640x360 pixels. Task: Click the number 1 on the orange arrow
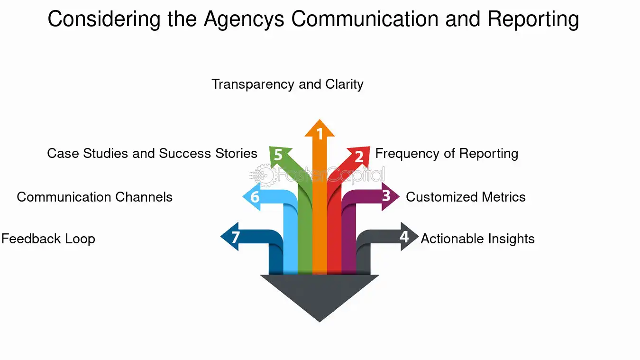[x=320, y=134]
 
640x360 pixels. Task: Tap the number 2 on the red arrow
[x=359, y=157]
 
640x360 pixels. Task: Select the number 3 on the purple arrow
[x=386, y=195]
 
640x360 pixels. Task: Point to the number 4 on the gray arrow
[x=404, y=237]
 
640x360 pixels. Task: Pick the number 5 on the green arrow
[x=278, y=155]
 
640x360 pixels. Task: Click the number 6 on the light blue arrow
[x=255, y=197]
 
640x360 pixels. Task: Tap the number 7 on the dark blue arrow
[x=236, y=237]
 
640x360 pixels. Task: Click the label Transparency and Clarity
[x=287, y=84]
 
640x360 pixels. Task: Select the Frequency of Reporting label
[x=447, y=154]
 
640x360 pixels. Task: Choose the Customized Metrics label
[x=466, y=197]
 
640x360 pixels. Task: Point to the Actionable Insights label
[x=477, y=239]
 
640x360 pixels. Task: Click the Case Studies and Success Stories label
[x=152, y=153]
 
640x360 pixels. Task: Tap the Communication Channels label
[x=94, y=197]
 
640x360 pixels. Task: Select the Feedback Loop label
[x=48, y=239]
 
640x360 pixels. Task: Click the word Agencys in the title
[x=244, y=20]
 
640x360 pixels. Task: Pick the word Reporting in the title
[x=533, y=20]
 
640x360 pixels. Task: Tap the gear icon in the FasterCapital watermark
[x=265, y=175]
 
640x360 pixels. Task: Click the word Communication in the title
[x=365, y=19]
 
